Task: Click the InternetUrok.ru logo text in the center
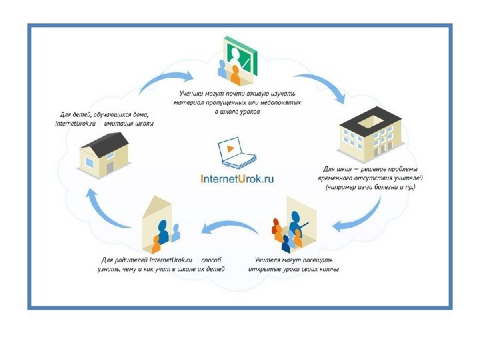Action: point(237,179)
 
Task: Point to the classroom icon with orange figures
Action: point(294,226)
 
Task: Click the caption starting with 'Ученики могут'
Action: point(239,103)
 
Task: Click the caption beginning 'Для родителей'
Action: point(162,264)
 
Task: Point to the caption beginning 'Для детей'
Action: point(105,119)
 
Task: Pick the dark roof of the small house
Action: point(107,143)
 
